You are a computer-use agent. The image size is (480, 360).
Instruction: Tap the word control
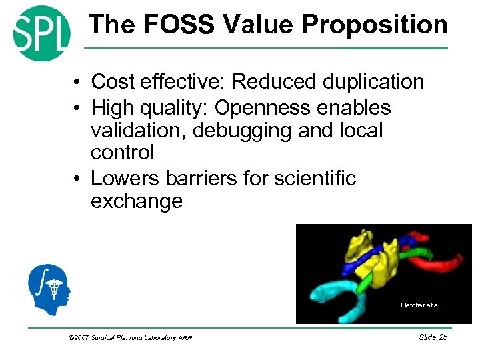tap(123, 153)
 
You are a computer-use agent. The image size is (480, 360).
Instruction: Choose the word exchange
tap(136, 201)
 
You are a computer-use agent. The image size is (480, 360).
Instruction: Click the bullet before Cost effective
tap(78, 83)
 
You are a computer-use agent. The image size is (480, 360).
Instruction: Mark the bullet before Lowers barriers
tap(78, 179)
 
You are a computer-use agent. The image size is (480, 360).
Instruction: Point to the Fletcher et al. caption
tap(421, 305)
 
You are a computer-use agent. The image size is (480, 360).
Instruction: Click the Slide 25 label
tap(433, 337)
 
